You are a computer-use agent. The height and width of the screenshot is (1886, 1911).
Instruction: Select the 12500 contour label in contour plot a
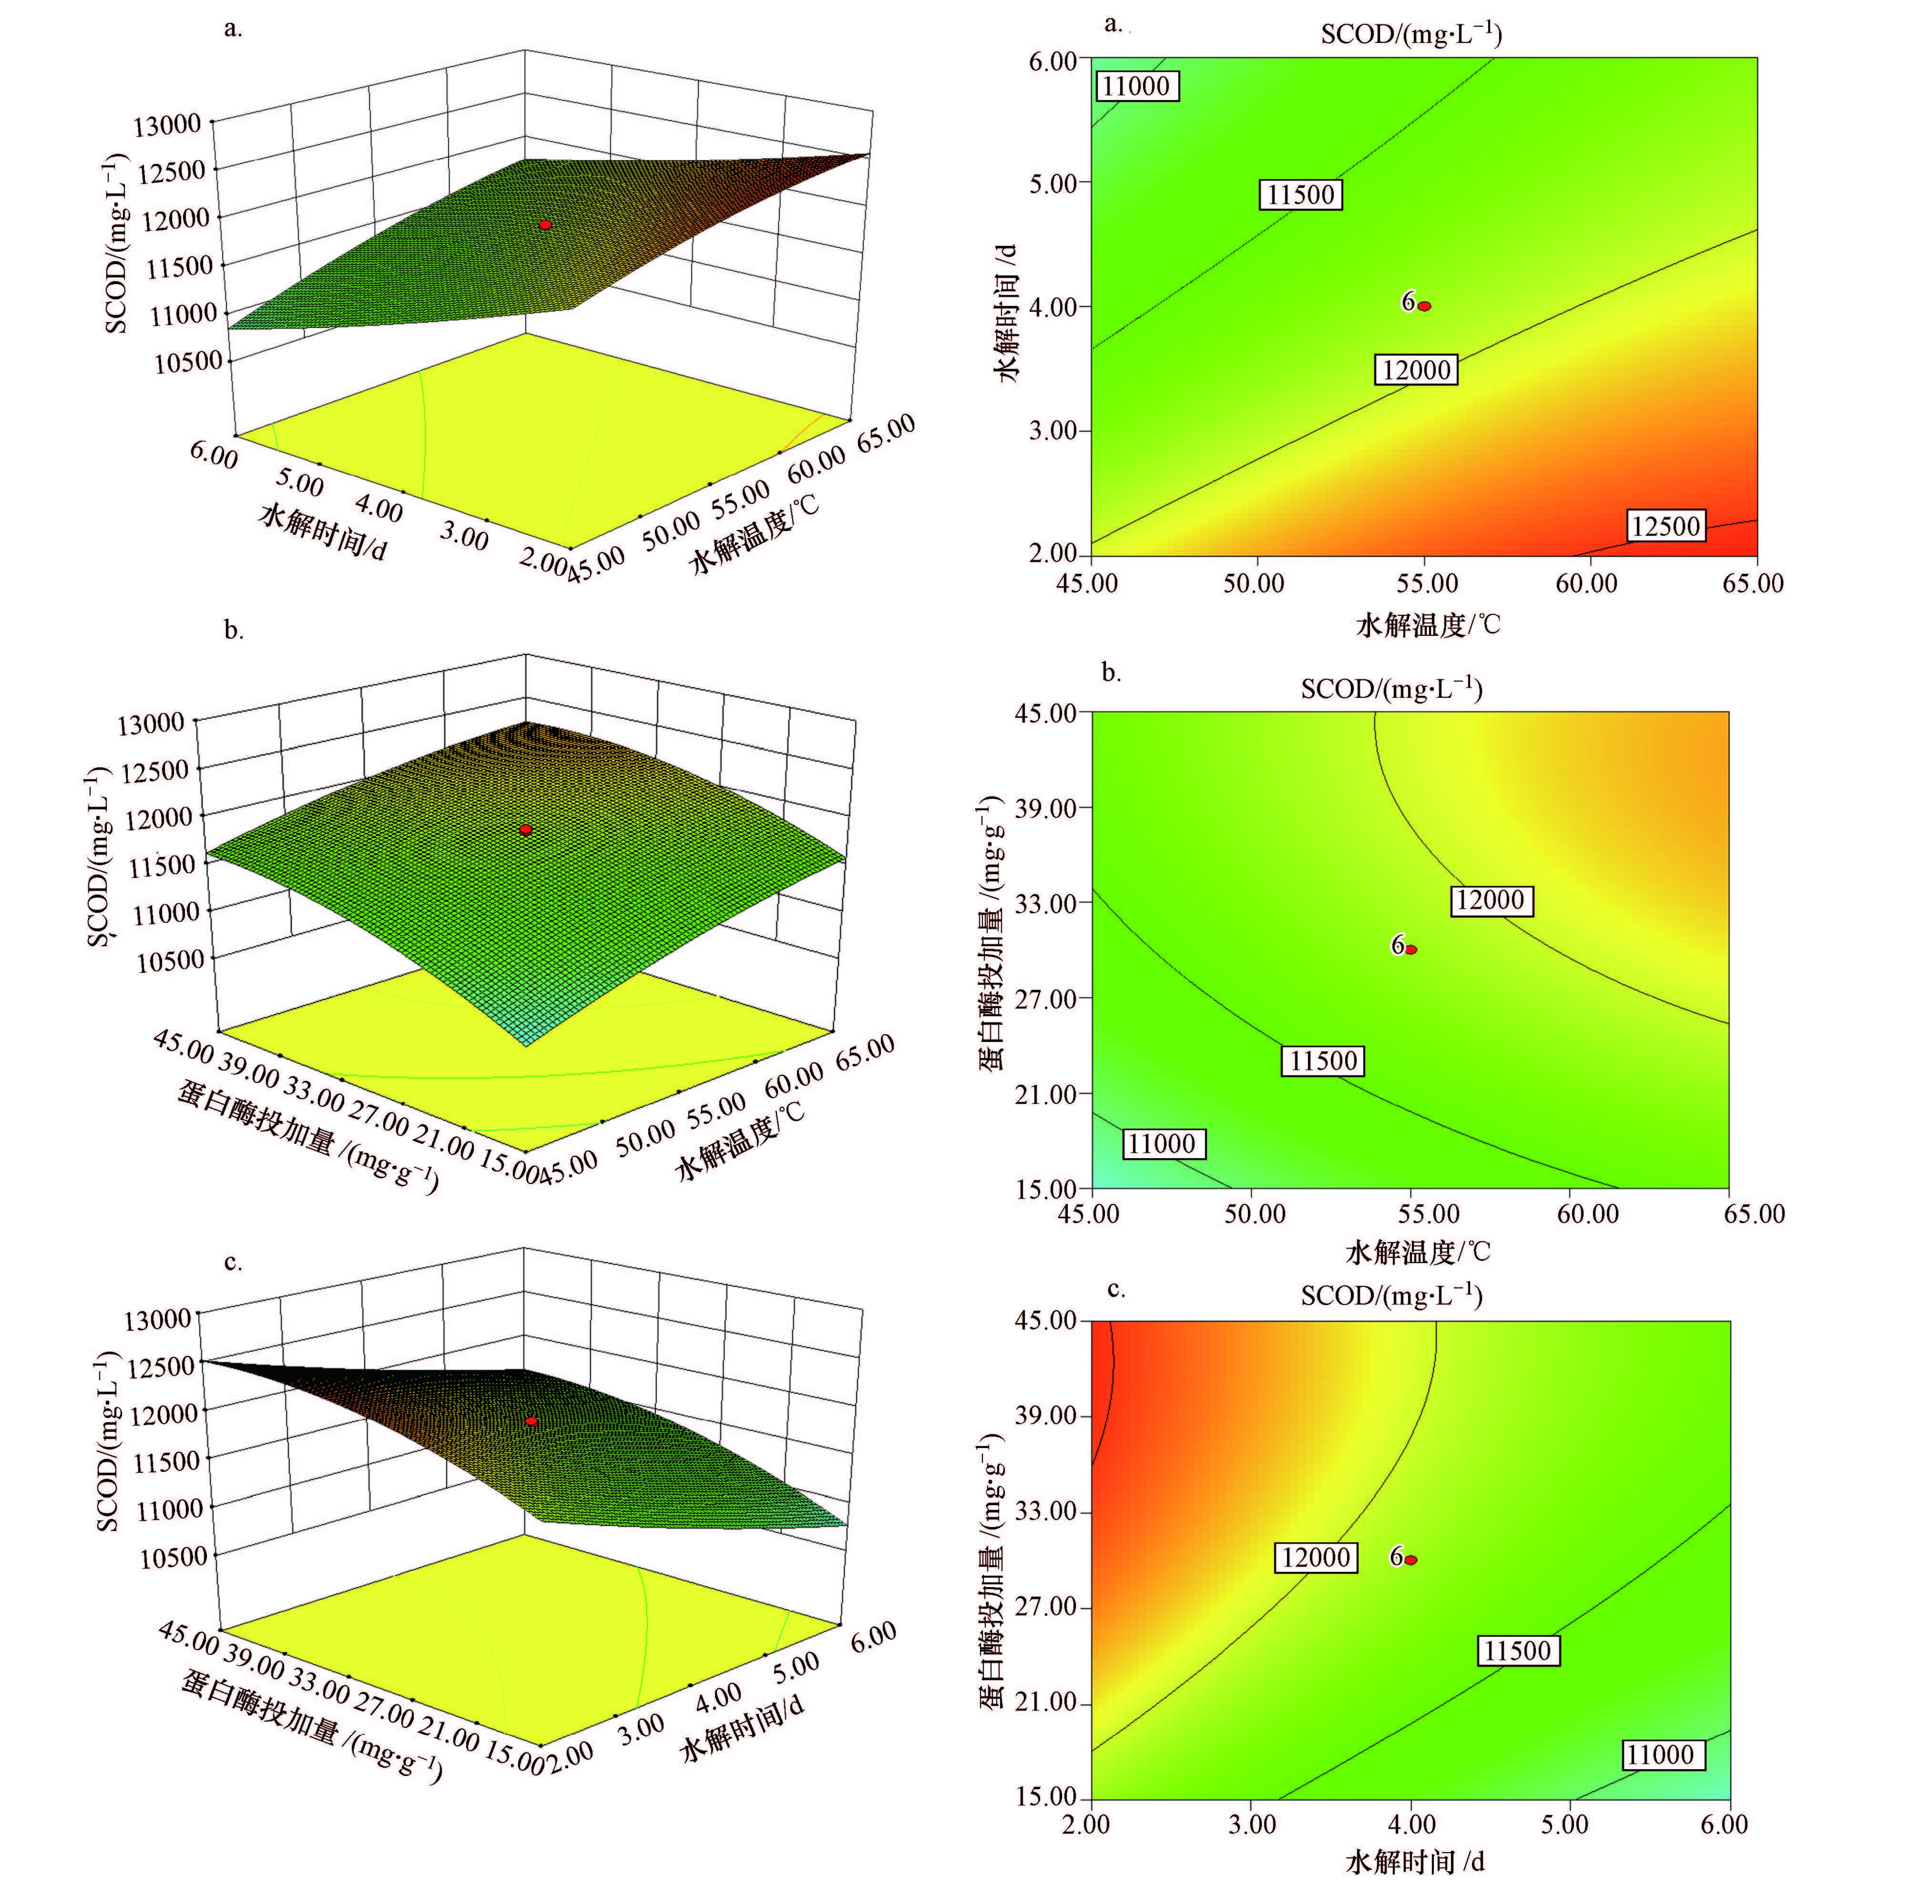point(1666,526)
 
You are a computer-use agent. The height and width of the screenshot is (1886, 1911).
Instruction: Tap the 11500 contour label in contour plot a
point(1301,195)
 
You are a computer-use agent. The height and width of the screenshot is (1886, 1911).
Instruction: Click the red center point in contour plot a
point(1424,306)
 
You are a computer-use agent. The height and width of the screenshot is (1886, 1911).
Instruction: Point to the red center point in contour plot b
point(1411,949)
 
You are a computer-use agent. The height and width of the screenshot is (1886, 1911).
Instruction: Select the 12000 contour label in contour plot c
point(1316,1558)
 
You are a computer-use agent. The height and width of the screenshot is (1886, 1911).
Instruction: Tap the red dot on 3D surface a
point(545,225)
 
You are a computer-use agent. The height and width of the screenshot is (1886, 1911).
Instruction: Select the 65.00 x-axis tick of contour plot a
point(1753,583)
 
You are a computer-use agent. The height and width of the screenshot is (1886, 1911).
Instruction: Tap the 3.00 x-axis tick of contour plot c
point(1252,1825)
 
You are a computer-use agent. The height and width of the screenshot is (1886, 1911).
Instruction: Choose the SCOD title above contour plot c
point(1392,1295)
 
